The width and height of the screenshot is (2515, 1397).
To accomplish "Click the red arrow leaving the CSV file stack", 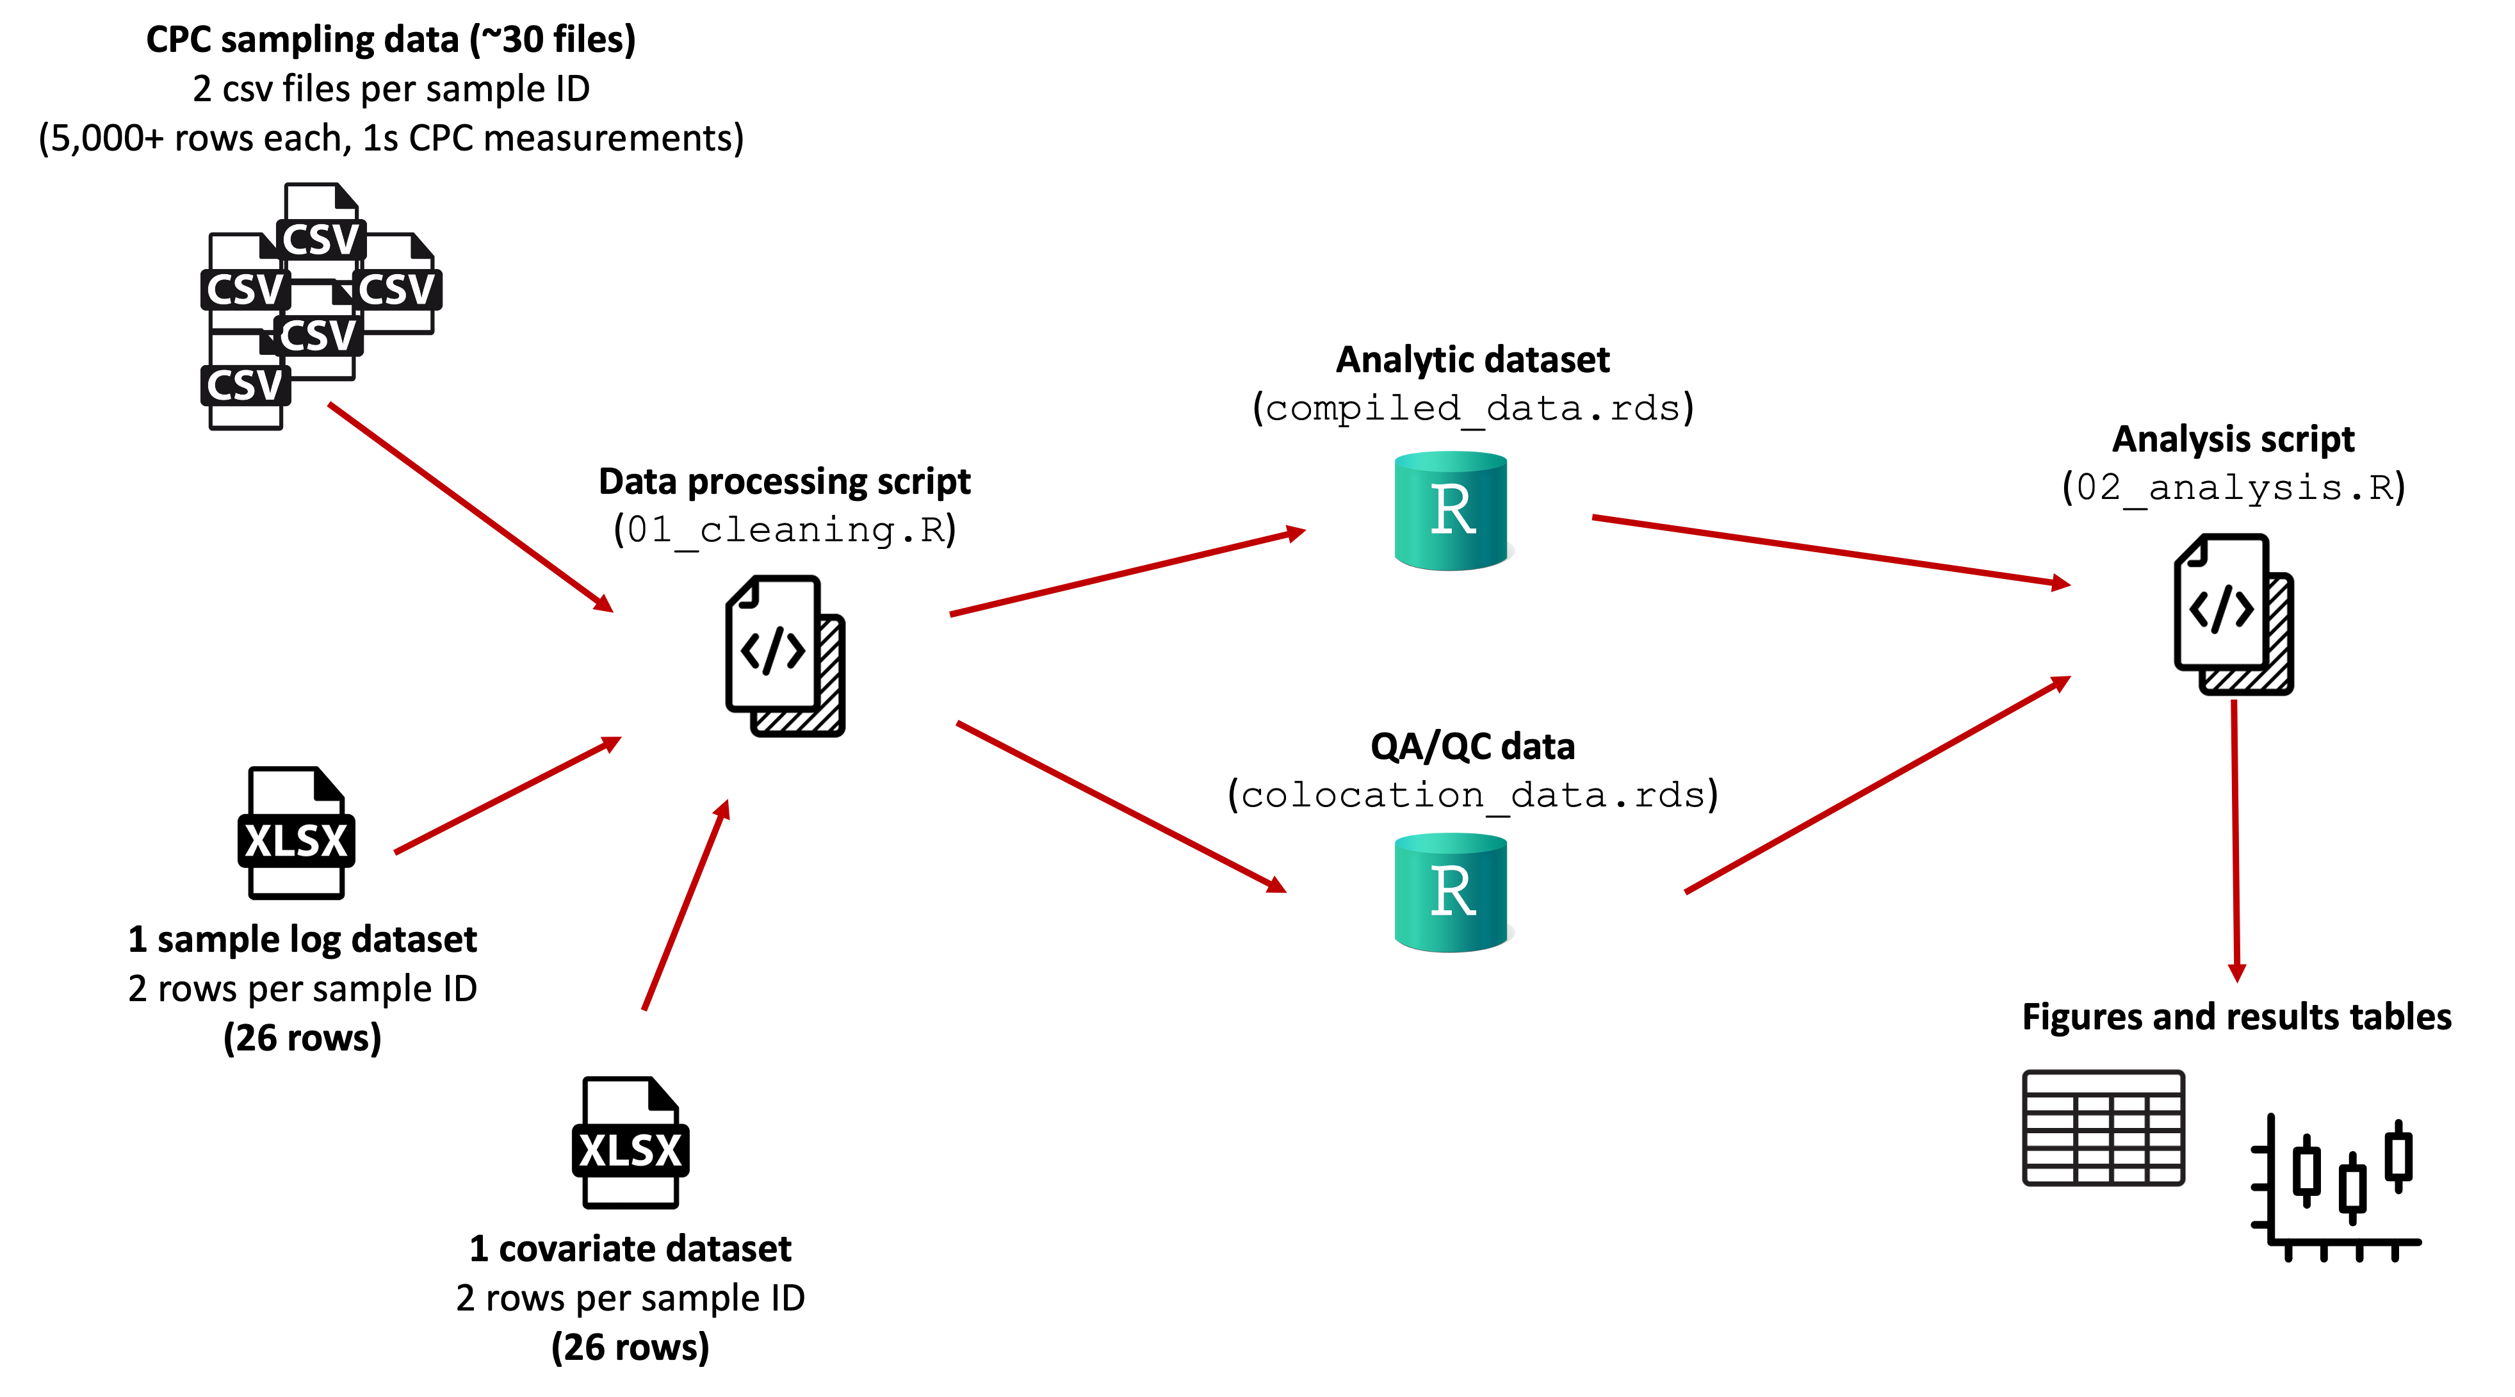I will point(469,505).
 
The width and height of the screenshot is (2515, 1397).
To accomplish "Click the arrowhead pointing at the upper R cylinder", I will point(1294,533).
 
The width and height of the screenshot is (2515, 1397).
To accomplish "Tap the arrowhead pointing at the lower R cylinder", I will point(1276,885).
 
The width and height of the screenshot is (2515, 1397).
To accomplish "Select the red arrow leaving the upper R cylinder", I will point(1826,550).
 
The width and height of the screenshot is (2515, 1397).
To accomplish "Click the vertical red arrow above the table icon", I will point(2234,840).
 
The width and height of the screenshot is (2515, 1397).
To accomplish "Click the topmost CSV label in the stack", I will point(320,239).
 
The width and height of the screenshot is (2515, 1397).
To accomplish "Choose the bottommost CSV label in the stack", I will point(245,384).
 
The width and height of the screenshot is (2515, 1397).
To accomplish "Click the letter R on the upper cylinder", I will point(1452,510).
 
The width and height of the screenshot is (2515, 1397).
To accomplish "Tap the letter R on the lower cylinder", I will point(1452,892).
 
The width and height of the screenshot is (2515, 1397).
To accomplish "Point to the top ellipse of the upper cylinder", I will point(1451,461).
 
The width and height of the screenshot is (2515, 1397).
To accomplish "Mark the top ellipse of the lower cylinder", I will point(1451,842).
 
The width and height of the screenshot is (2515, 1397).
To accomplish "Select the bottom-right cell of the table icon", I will point(2165,1175).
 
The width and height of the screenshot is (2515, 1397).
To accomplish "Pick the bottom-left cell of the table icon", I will point(2049,1175).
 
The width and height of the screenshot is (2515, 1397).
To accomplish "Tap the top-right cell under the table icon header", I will point(2165,1104).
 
